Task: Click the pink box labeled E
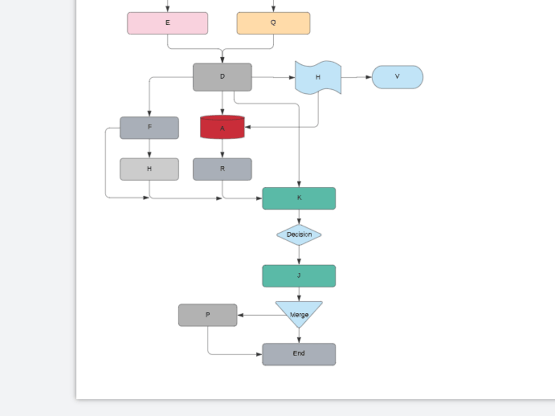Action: tap(168, 23)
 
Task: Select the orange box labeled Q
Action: tap(273, 23)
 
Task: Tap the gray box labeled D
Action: tap(222, 77)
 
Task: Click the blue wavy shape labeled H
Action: tap(317, 77)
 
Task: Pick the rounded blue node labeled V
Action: tap(397, 77)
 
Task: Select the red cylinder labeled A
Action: tap(222, 128)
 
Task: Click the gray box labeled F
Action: tap(149, 128)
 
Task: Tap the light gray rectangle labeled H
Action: tap(149, 169)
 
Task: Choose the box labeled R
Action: tap(222, 169)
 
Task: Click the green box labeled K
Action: tap(299, 198)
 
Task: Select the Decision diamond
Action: tap(299, 235)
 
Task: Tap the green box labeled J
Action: tap(299, 276)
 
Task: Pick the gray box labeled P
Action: tap(208, 315)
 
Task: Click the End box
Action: tap(299, 354)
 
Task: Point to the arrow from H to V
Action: tap(356, 77)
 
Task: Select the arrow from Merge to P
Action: tap(261, 315)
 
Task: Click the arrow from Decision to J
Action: tap(299, 255)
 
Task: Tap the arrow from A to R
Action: tap(222, 148)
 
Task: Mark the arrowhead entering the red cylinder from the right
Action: tap(248, 127)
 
